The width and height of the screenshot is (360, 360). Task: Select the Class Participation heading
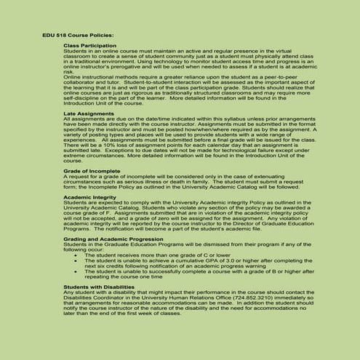click(x=90, y=45)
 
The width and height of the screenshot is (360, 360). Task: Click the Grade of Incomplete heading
click(x=92, y=172)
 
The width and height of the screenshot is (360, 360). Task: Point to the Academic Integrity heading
click(x=90, y=197)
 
